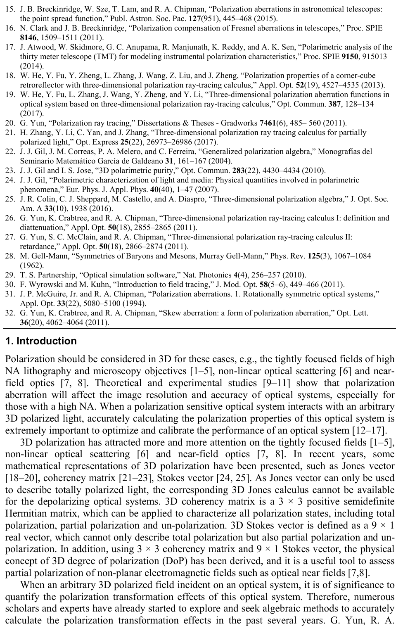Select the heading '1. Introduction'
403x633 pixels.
point(41,341)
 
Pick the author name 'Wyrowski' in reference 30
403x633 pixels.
point(45,284)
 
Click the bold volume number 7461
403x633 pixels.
point(269,123)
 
